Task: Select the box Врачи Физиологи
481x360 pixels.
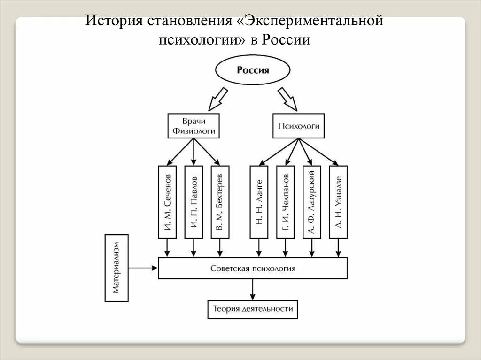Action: click(x=194, y=125)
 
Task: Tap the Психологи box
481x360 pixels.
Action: click(x=299, y=126)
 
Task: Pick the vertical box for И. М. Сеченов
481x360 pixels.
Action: click(x=167, y=202)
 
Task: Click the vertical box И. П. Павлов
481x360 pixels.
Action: click(x=194, y=202)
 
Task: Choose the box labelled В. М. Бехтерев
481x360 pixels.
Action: click(x=219, y=202)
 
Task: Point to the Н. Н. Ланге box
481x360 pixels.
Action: click(x=259, y=202)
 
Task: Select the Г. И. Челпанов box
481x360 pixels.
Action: click(x=286, y=202)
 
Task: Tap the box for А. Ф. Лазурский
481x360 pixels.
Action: click(x=311, y=202)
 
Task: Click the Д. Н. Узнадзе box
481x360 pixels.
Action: click(x=338, y=202)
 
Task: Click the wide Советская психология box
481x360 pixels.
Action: click(x=253, y=268)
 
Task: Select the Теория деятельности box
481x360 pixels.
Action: click(x=253, y=309)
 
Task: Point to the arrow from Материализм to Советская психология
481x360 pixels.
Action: click(x=143, y=268)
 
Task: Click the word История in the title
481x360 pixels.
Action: click(x=114, y=21)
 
